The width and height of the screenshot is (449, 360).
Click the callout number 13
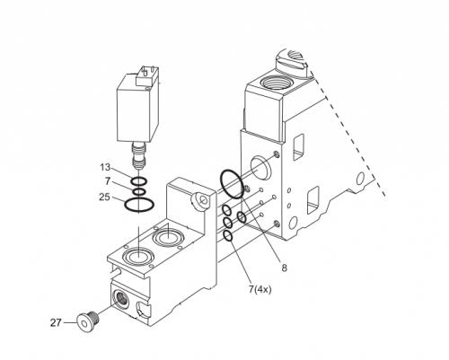tap(105, 167)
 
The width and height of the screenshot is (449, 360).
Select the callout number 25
tap(104, 198)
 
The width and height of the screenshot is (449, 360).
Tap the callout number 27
tap(56, 323)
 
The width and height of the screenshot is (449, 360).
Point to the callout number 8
tap(284, 268)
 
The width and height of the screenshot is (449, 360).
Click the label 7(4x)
tap(260, 289)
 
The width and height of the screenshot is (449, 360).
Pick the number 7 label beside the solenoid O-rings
tap(108, 180)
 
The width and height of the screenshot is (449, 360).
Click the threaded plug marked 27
tap(88, 320)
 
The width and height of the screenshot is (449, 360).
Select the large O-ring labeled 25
tap(139, 206)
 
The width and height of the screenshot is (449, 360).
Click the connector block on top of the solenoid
tap(146, 75)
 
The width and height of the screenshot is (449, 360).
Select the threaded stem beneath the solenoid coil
tap(139, 155)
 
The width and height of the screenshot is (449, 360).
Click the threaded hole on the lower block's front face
tap(122, 299)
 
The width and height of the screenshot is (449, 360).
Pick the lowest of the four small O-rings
tap(228, 236)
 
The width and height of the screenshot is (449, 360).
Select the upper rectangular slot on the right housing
tap(297, 147)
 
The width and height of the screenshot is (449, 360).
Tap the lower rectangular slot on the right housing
tap(313, 200)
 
